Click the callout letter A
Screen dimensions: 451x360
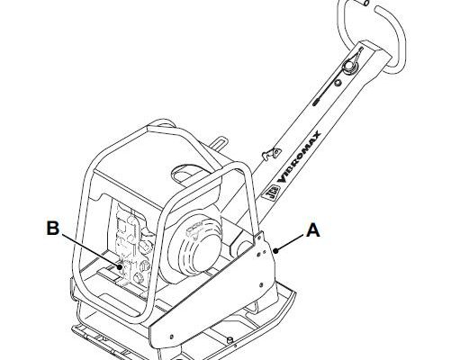tap(313, 230)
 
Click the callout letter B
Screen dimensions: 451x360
tap(53, 229)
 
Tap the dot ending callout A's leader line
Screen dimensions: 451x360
tap(276, 250)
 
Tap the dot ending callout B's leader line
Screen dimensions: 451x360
tap(120, 266)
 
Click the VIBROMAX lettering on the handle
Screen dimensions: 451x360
tap(300, 157)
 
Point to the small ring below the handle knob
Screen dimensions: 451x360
tap(338, 83)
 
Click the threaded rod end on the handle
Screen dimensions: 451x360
tap(317, 101)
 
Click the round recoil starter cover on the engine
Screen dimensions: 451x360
tap(194, 248)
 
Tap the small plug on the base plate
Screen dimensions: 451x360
tap(230, 340)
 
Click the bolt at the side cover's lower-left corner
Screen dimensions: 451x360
tap(171, 336)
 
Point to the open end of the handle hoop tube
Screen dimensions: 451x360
tap(365, 3)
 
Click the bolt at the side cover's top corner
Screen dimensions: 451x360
tap(258, 237)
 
